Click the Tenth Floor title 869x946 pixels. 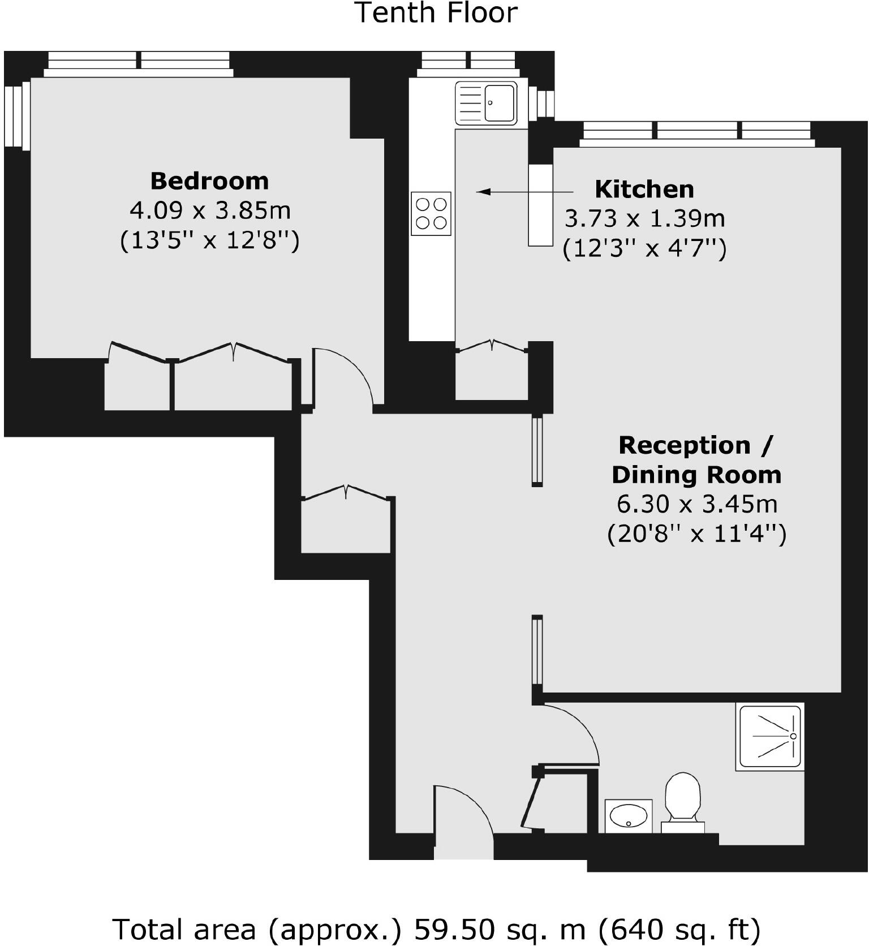pos(436,13)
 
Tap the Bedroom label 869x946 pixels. pos(209,181)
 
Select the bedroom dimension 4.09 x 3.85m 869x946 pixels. pos(210,210)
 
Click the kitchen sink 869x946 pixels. pos(487,103)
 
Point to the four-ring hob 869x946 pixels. pos(431,214)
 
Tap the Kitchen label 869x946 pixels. pos(644,189)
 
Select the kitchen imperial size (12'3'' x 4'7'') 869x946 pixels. pos(644,248)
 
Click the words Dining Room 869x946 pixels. pos(696,475)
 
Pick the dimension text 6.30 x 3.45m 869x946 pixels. pos(696,504)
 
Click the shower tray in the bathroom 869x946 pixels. pos(770,737)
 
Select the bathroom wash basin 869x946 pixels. pos(629,816)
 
